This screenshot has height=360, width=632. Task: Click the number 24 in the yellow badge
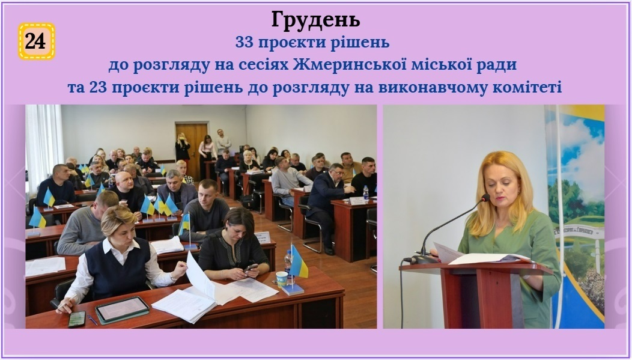click(35, 41)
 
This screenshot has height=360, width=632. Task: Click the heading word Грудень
click(315, 20)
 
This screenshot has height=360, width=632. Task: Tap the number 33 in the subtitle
click(244, 42)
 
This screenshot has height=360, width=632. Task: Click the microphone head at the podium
click(485, 198)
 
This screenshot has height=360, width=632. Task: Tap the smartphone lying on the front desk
click(77, 319)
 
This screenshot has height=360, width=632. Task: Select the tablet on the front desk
click(122, 310)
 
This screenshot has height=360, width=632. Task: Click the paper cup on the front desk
click(282, 279)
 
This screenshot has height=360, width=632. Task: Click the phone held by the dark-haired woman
click(251, 267)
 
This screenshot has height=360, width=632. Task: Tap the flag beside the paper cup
click(298, 262)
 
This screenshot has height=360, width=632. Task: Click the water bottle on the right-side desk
click(366, 193)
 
